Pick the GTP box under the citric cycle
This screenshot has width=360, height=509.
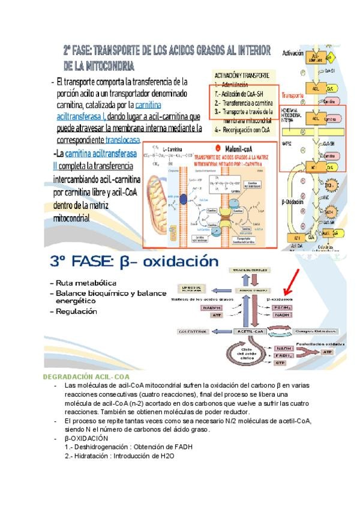(x=280, y=363)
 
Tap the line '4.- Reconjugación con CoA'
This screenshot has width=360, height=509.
(x=242, y=128)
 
